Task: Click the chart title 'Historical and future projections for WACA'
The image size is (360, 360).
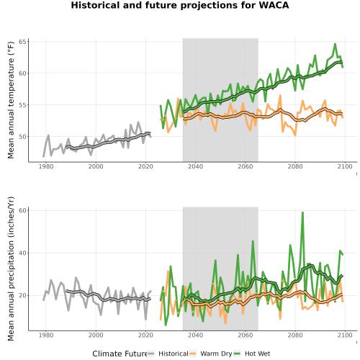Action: [180, 5]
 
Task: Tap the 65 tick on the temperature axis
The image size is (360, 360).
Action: [22, 42]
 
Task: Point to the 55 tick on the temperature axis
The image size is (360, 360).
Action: [22, 105]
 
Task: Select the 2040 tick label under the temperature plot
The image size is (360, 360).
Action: [195, 166]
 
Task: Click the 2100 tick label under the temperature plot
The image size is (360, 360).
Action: [345, 166]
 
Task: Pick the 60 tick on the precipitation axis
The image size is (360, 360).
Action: [22, 210]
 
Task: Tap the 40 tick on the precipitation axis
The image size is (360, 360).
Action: [22, 253]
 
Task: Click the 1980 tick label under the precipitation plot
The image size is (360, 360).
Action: [46, 335]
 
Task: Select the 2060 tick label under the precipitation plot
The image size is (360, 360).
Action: [246, 335]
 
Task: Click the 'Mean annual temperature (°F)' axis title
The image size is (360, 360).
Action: [11, 100]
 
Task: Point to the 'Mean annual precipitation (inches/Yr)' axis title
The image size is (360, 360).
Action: [11, 269]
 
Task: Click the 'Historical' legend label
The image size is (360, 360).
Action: [174, 354]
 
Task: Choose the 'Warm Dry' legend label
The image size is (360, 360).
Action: [216, 354]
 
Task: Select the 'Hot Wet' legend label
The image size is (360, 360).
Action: [257, 354]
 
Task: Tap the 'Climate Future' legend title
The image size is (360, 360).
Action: [120, 354]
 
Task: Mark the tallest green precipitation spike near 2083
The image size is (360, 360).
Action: [302, 212]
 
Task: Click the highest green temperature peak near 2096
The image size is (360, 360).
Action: [335, 44]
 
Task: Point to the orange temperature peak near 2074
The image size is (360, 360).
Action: [280, 96]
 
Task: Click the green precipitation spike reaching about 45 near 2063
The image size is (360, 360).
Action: [253, 241]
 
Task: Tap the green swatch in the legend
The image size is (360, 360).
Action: [237, 354]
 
